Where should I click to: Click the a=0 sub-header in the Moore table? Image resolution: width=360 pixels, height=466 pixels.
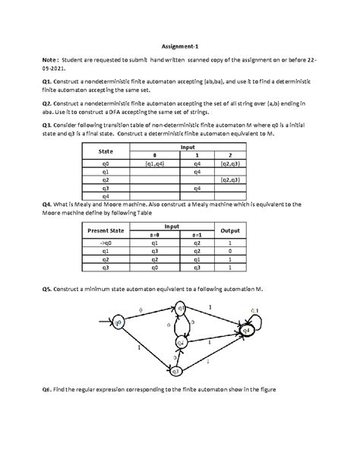tap(154, 236)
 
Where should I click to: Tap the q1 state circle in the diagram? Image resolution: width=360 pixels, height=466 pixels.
tap(181, 308)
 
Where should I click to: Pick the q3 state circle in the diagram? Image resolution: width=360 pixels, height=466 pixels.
tap(175, 370)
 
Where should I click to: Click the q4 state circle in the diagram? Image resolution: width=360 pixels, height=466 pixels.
tap(248, 331)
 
